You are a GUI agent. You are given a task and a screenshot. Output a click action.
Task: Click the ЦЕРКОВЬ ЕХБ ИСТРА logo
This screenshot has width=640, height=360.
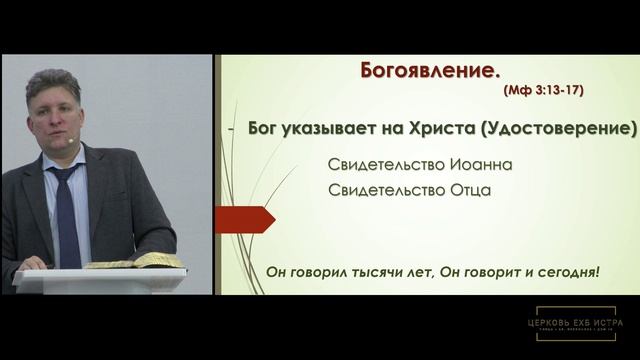(579, 324)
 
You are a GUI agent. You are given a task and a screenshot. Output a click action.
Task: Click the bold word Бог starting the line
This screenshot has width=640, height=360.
(263, 130)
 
